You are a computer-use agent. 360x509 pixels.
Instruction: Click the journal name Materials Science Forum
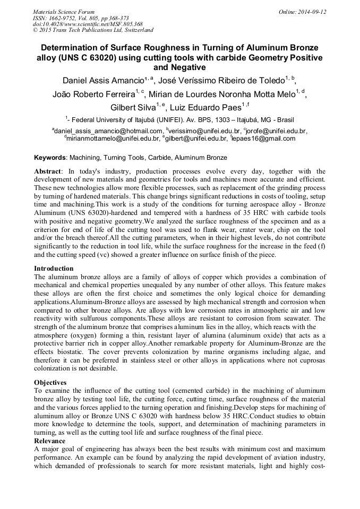click(x=64, y=12)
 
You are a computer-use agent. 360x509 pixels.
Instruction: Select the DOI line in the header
click(x=88, y=24)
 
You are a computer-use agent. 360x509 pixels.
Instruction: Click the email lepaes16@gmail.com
click(x=264, y=139)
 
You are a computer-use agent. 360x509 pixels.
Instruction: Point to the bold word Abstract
click(x=48, y=171)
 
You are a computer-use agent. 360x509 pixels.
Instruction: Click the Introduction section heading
click(x=54, y=269)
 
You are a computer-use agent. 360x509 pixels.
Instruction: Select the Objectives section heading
click(x=50, y=382)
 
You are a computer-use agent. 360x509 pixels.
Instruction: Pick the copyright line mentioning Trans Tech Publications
click(x=93, y=30)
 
